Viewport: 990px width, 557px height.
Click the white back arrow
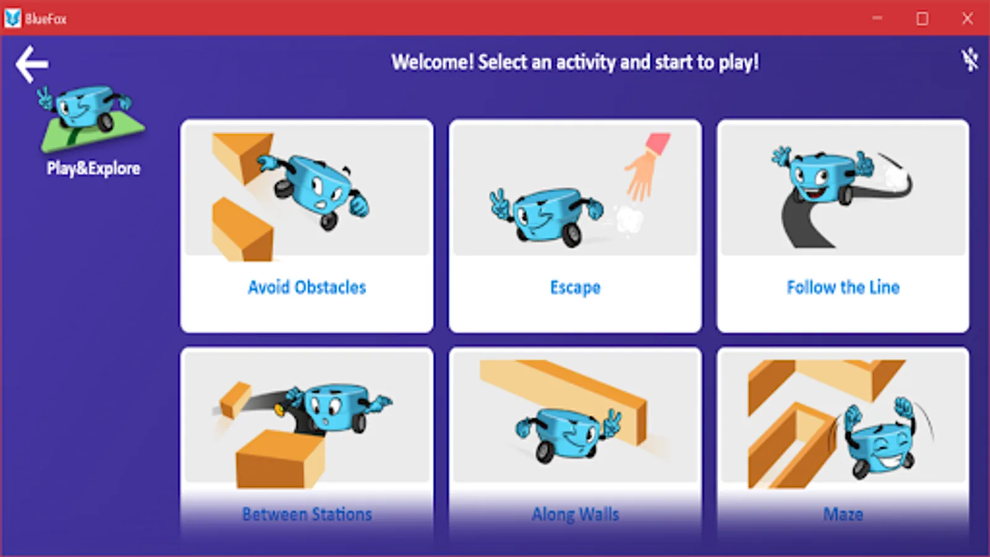(x=32, y=64)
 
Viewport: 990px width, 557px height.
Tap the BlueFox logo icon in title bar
(x=13, y=18)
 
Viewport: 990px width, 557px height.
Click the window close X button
(x=968, y=19)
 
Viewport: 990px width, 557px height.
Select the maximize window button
(x=923, y=19)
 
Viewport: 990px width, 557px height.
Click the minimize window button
(x=877, y=18)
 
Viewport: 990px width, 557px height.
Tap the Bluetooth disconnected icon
(x=970, y=61)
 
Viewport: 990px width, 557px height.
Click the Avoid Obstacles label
(x=307, y=287)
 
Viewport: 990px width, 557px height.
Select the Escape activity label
(x=575, y=288)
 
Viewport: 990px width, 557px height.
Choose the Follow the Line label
(x=843, y=287)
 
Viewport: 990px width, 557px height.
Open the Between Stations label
(x=307, y=514)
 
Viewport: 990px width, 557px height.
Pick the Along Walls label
(x=575, y=514)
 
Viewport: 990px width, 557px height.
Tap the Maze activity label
(x=843, y=514)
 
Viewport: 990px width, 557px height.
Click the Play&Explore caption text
(x=93, y=168)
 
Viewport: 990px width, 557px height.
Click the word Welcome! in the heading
(x=433, y=62)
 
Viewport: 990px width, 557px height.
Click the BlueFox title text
(x=46, y=19)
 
